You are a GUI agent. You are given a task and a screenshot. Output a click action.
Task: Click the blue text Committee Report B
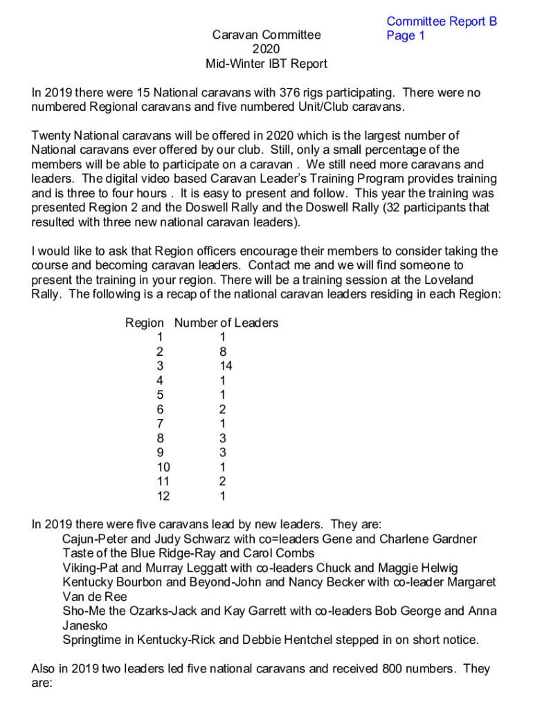tap(442, 21)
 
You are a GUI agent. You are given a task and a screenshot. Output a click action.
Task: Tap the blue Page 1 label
tap(406, 36)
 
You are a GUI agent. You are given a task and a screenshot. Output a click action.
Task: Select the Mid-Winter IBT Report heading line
tap(266, 64)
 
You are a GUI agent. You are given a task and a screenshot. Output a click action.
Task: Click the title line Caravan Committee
tap(266, 35)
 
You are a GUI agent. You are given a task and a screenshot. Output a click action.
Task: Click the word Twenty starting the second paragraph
tap(51, 136)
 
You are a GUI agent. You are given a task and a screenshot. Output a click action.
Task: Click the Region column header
tap(144, 323)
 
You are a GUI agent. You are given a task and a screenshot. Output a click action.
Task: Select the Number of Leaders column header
tap(226, 323)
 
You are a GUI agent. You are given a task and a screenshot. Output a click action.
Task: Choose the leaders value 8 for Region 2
tap(223, 352)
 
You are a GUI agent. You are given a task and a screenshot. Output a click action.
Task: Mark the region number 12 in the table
tap(163, 496)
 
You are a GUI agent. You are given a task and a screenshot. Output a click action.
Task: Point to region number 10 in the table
tap(163, 467)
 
